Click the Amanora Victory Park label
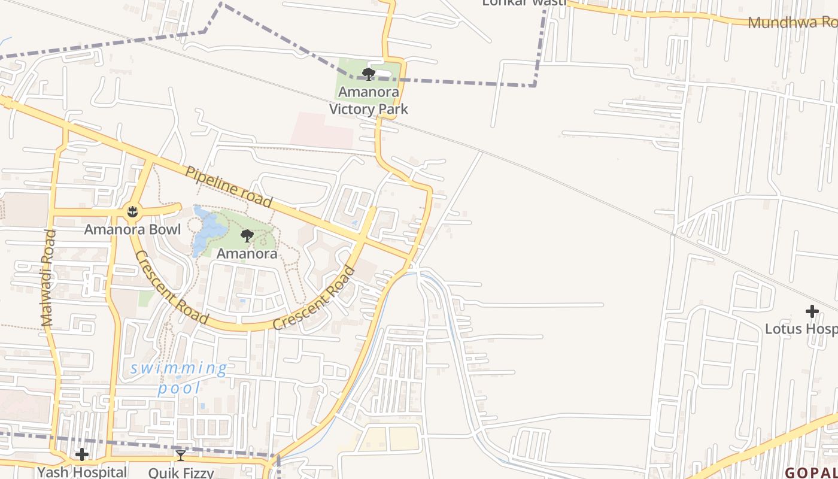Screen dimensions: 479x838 [x=369, y=101]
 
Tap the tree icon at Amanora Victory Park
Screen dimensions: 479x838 [x=369, y=74]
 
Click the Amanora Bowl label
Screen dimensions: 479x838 [x=132, y=229]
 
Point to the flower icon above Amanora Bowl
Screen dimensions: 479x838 [x=132, y=211]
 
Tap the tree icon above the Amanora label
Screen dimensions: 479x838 [x=247, y=236]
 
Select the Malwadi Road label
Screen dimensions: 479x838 [x=48, y=278]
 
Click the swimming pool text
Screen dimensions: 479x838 [x=179, y=378]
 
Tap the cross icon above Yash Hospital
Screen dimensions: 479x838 [x=82, y=455]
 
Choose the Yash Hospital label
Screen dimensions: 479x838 [x=82, y=472]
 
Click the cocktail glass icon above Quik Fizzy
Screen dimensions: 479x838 [x=180, y=456]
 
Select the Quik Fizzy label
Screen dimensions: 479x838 [x=181, y=472]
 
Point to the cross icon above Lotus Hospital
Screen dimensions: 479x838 [x=812, y=311]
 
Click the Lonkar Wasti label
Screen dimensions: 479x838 [x=524, y=2]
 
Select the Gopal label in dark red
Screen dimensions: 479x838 [x=811, y=472]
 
